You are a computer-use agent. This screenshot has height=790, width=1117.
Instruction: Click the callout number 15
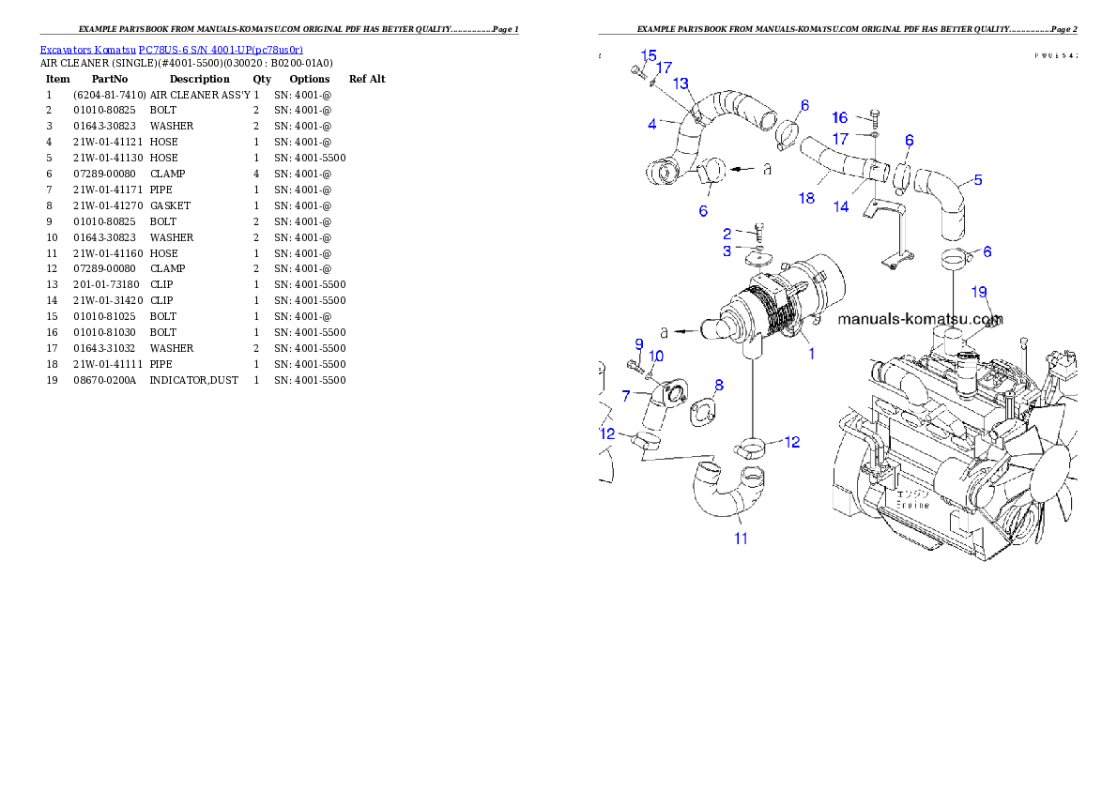click(x=649, y=55)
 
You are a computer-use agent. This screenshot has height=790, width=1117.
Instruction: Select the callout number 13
click(x=681, y=84)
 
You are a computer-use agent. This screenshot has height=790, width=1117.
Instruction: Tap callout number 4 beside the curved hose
click(x=651, y=123)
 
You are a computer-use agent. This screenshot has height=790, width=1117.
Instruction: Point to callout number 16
click(x=839, y=117)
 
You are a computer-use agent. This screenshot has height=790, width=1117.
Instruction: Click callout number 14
click(x=841, y=206)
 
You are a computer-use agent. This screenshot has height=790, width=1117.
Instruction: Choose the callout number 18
click(x=806, y=198)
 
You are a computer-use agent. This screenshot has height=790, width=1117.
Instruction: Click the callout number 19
click(x=979, y=292)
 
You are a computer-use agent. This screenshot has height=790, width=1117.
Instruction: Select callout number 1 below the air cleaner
click(x=811, y=354)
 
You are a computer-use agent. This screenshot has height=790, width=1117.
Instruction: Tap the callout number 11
click(x=741, y=539)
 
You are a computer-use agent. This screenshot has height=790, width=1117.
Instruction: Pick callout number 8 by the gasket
click(x=719, y=385)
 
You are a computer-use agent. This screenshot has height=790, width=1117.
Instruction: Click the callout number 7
click(x=625, y=396)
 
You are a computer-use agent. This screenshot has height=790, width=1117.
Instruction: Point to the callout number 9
click(x=638, y=343)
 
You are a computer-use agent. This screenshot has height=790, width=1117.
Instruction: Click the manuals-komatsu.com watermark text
click(x=919, y=318)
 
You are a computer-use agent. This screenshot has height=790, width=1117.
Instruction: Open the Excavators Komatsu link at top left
click(x=171, y=50)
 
